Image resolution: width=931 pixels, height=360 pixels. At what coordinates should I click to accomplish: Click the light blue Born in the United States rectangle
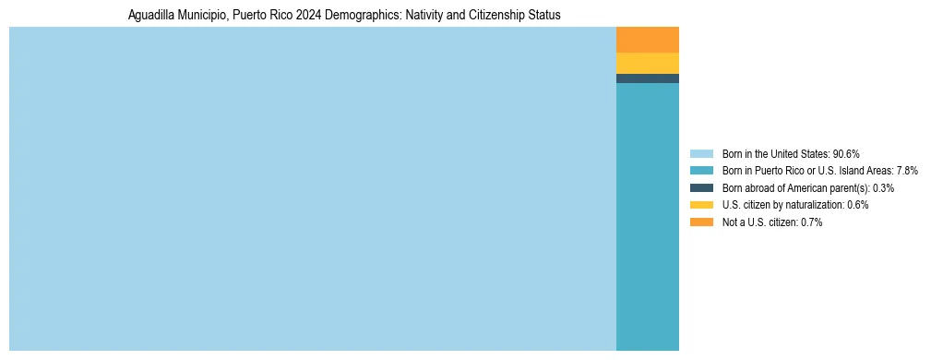tap(312, 188)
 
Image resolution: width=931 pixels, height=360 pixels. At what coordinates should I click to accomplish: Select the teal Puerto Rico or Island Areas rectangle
tap(647, 216)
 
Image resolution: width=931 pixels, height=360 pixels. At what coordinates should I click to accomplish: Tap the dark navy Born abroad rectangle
tap(647, 78)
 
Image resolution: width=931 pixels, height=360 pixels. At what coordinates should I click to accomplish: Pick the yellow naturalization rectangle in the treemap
tap(647, 63)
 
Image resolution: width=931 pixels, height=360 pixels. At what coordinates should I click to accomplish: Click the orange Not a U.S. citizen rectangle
tap(647, 40)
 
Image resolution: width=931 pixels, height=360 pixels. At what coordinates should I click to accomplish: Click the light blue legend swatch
tap(701, 153)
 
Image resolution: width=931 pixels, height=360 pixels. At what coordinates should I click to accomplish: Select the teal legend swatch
tap(701, 171)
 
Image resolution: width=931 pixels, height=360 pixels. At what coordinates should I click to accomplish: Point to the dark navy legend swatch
tap(701, 187)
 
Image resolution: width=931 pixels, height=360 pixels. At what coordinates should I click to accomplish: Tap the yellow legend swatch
tap(701, 205)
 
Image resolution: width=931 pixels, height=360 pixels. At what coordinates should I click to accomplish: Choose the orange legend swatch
tap(701, 222)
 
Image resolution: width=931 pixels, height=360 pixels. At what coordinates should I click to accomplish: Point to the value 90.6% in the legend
tap(846, 153)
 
